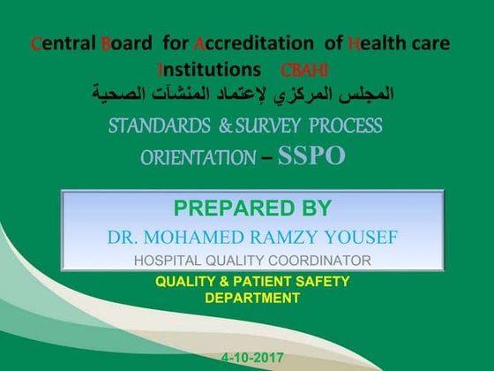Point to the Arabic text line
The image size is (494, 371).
click(245, 92)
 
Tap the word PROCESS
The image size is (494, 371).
click(348, 125)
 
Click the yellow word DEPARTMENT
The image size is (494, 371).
click(251, 298)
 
